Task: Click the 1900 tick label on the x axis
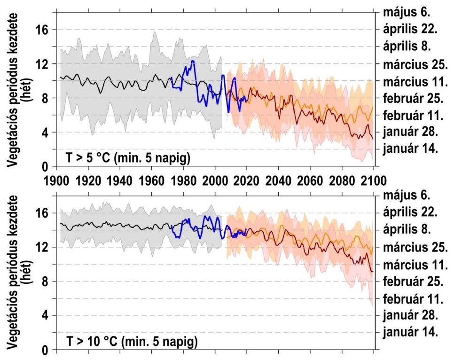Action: (x=56, y=181)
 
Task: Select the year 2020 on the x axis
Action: (x=247, y=181)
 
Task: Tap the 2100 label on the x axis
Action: (x=374, y=181)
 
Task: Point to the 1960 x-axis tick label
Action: (x=151, y=181)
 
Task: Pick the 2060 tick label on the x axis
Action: (x=310, y=181)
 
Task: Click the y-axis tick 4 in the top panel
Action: (x=46, y=133)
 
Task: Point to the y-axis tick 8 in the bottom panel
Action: (x=46, y=282)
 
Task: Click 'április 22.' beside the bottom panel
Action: (x=410, y=212)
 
